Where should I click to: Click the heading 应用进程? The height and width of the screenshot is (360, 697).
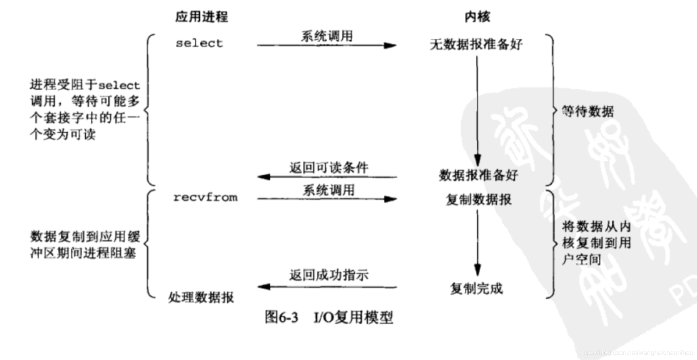(201, 17)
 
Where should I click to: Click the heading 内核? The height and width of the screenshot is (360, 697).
(477, 17)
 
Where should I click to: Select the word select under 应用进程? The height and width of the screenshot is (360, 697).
(199, 43)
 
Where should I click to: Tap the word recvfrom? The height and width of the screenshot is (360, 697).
(205, 198)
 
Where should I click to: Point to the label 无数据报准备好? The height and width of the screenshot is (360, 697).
(476, 44)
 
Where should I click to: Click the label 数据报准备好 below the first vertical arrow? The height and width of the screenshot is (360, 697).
(478, 175)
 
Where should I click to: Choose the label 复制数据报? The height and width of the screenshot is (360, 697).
(479, 200)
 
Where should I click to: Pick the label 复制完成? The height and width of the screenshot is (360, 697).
(476, 289)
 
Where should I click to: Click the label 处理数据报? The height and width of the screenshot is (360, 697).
(201, 298)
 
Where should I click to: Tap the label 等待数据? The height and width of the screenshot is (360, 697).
(588, 111)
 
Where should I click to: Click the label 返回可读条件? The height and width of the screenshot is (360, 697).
(329, 167)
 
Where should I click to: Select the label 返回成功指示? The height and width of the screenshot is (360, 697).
(329, 275)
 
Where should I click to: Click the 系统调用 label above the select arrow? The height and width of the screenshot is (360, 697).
(327, 36)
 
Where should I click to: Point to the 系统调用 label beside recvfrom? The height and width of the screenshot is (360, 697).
(329, 190)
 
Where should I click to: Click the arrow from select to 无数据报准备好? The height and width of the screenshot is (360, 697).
(327, 46)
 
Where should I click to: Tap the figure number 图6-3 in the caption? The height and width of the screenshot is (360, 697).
(281, 317)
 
